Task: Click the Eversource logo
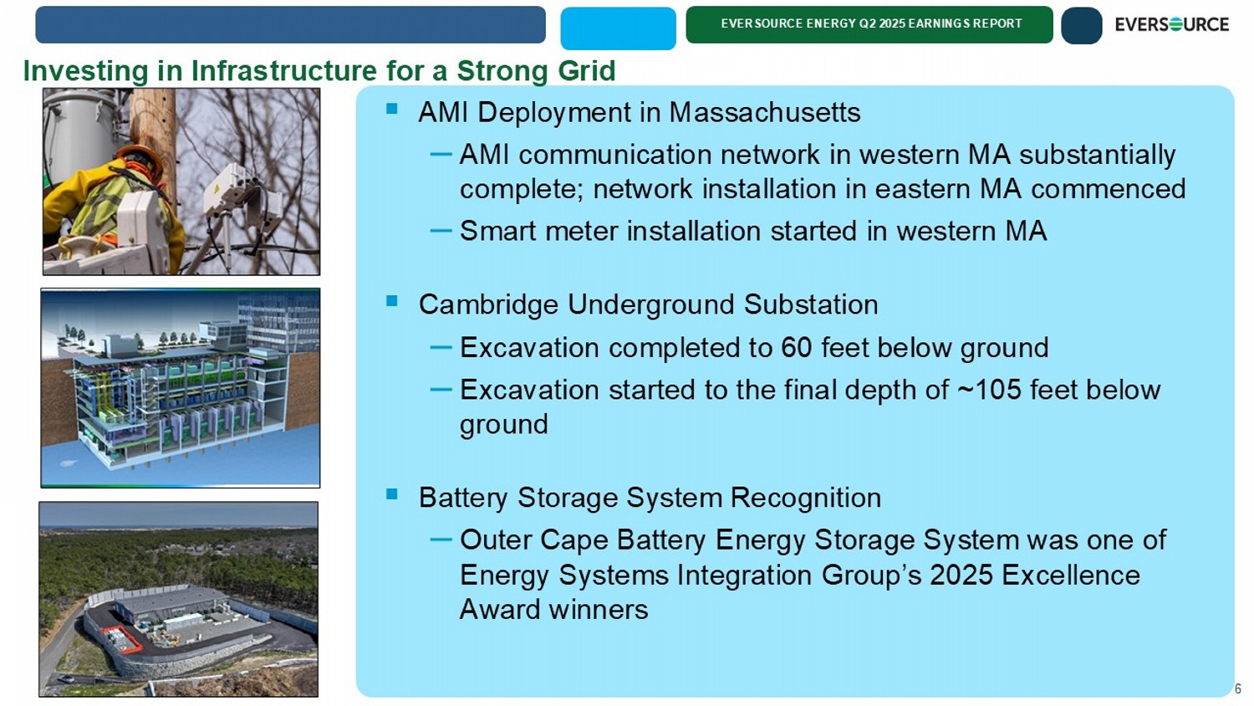tap(1171, 24)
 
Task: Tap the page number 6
tap(1238, 688)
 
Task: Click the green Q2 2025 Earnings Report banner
tap(869, 24)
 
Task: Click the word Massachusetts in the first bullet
tap(765, 112)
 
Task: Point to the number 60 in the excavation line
tap(796, 347)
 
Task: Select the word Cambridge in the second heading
tap(488, 305)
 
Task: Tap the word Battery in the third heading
tap(463, 498)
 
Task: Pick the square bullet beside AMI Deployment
tap(392, 108)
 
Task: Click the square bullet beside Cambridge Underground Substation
tap(392, 301)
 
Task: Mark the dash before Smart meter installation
tap(441, 230)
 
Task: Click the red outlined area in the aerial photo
tap(120, 639)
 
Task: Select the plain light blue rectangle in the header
tap(618, 28)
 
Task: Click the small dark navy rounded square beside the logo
tap(1082, 25)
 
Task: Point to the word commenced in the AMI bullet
tap(1109, 189)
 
